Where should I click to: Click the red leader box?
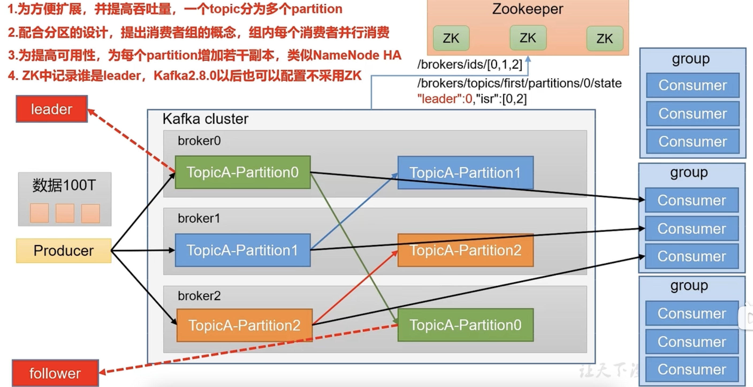[52, 109]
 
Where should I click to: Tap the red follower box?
[55, 373]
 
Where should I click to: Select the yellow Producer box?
[64, 251]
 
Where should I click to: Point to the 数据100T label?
[64, 185]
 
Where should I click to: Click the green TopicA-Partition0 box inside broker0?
[243, 172]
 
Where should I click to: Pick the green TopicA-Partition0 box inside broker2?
[465, 325]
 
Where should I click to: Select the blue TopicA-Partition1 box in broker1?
[243, 250]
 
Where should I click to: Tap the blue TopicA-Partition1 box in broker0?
[465, 172]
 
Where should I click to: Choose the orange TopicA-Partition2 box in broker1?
[465, 250]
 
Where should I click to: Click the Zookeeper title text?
[528, 9]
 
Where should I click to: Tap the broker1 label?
[199, 218]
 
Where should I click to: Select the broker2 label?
[199, 296]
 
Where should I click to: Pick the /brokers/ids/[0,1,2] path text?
[469, 64]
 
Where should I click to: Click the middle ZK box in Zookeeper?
[528, 38]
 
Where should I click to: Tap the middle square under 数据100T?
[65, 213]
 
